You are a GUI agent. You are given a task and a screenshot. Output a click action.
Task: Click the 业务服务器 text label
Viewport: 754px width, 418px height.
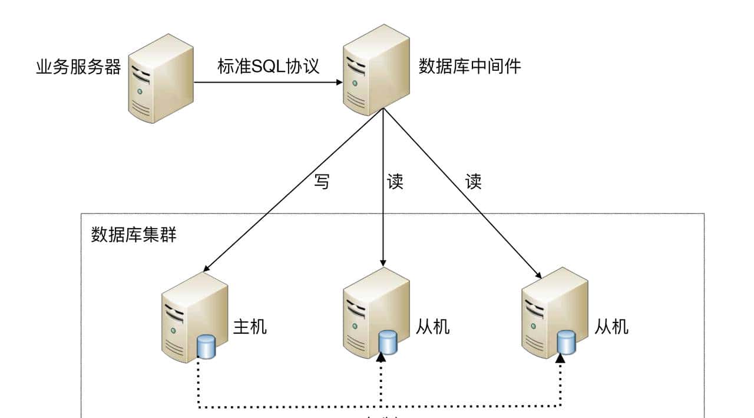pyautogui.click(x=78, y=67)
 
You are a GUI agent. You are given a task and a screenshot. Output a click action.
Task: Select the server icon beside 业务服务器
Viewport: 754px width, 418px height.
pyautogui.click(x=161, y=78)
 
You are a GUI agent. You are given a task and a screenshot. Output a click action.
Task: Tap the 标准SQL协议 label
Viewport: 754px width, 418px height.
pyautogui.click(x=269, y=66)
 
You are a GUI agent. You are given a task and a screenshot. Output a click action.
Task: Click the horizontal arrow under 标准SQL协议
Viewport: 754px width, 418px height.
pyautogui.click(x=268, y=83)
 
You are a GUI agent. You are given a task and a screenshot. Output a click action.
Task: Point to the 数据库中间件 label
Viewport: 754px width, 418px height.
pyautogui.click(x=469, y=65)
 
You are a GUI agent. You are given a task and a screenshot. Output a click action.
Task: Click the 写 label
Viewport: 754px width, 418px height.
pyautogui.click(x=322, y=182)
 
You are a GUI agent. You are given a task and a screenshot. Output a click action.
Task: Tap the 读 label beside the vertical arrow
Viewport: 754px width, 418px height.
pyautogui.click(x=395, y=182)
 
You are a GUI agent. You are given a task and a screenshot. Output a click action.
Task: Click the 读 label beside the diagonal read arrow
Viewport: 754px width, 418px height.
pyautogui.click(x=474, y=182)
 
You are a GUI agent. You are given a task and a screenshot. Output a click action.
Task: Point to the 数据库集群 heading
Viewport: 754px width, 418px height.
pyautogui.click(x=134, y=235)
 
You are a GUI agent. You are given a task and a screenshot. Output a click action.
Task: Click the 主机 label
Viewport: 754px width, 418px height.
pyautogui.click(x=250, y=326)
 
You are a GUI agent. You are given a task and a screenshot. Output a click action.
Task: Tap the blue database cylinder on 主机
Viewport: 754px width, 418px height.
pyautogui.click(x=207, y=346)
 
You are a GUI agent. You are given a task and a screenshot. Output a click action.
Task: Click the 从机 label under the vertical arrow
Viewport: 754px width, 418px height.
pyautogui.click(x=433, y=326)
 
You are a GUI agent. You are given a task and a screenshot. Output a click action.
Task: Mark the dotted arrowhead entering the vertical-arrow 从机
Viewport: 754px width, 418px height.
pyautogui.click(x=381, y=357)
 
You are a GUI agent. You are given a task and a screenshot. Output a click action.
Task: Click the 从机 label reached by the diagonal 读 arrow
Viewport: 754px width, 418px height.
pyautogui.click(x=611, y=326)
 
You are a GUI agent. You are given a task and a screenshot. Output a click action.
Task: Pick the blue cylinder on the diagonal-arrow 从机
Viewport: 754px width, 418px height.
pyautogui.click(x=566, y=342)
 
